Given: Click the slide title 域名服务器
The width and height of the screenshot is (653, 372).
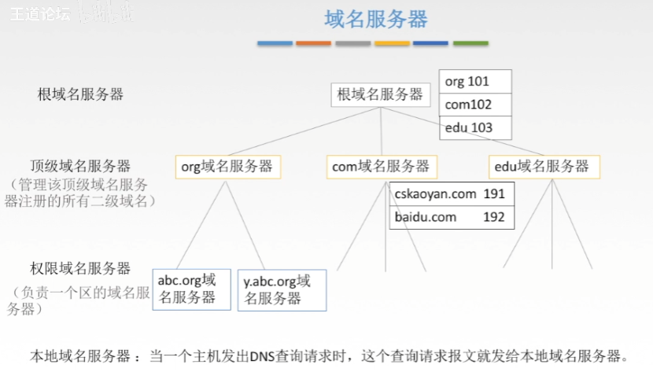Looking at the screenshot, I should [375, 19].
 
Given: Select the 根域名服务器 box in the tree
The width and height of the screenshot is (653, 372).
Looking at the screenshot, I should [381, 95].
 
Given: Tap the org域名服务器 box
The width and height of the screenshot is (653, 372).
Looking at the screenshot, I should [227, 167].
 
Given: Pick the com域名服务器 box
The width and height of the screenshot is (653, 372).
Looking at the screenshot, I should [381, 167].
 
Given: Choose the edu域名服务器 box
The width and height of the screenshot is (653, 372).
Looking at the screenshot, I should [544, 167].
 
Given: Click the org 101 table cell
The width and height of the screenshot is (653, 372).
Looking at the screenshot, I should [475, 82].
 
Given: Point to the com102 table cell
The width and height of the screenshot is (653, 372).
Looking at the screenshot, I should [475, 105].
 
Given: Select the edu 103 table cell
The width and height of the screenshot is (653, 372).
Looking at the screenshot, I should [475, 127].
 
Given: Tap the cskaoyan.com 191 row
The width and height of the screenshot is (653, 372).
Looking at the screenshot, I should [451, 194].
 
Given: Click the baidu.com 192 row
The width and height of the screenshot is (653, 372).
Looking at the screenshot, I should [451, 217].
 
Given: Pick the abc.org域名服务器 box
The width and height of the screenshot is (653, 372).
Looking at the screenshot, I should [191, 289].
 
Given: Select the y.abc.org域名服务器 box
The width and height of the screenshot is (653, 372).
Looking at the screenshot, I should [282, 289].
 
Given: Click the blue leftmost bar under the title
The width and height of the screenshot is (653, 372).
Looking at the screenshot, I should [275, 43].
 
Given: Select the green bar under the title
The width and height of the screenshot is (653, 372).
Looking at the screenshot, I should [470, 43].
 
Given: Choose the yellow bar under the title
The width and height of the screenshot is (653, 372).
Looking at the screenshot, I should [392, 43].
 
